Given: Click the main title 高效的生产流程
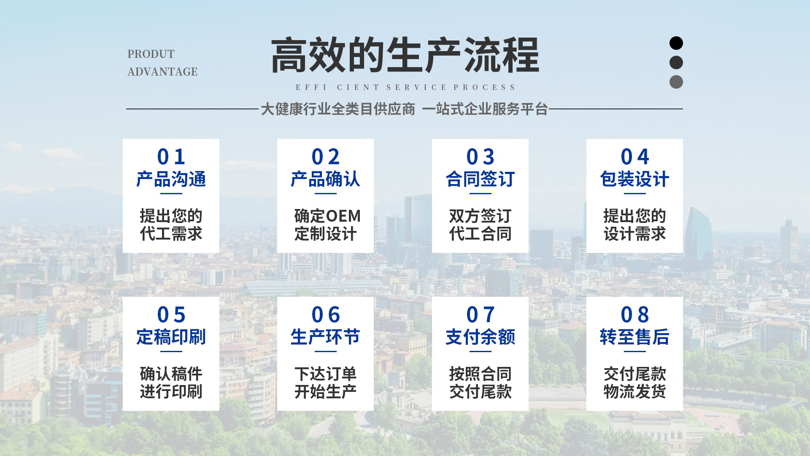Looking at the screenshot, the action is click(x=405, y=55).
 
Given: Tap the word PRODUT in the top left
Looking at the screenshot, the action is click(x=151, y=54).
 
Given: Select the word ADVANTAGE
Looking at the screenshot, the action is click(x=162, y=72).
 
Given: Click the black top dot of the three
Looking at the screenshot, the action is click(x=676, y=43).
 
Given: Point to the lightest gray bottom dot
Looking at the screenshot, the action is click(x=676, y=82).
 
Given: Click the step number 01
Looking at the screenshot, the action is click(x=171, y=157).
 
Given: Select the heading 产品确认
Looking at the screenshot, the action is click(x=325, y=179).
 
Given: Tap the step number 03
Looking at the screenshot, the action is click(x=480, y=157).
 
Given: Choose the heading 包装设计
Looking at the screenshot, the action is click(x=634, y=179).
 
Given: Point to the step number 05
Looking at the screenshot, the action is click(x=171, y=315).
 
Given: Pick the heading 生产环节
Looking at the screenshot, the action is click(x=325, y=337).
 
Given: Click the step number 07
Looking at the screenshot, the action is click(x=480, y=315).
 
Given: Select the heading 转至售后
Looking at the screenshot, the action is click(x=634, y=337).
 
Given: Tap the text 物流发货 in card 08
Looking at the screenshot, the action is click(x=634, y=392).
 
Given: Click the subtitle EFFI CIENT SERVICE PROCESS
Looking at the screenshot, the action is click(x=405, y=87).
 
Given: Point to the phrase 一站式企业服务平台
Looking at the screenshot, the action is click(x=485, y=109).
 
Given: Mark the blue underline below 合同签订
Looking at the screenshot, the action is click(x=480, y=194).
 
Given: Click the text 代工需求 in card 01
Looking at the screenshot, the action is click(x=171, y=234).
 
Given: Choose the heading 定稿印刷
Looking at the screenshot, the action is click(x=171, y=337).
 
